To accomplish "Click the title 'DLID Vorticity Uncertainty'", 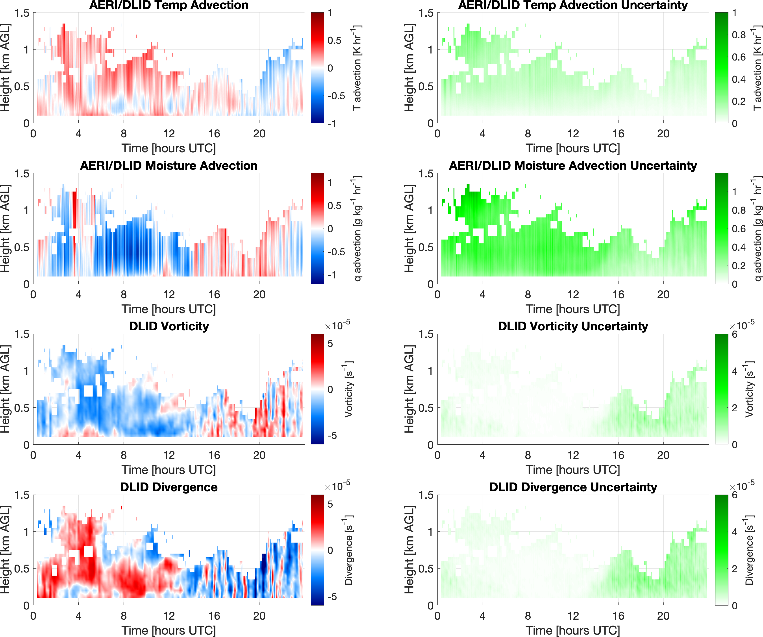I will tap(573, 326).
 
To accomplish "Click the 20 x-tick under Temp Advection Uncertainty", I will tap(663, 134).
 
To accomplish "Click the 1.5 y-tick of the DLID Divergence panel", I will tap(22, 495).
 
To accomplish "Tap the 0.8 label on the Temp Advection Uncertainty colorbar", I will tap(739, 35).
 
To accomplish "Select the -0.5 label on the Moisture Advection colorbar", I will tap(336, 252).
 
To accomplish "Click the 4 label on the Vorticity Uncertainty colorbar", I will tap(735, 371).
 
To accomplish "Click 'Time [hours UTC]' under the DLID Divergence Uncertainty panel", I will tap(573, 630).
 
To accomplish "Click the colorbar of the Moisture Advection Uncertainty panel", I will tap(722, 228).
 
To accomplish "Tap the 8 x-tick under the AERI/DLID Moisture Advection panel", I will tap(124, 295).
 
